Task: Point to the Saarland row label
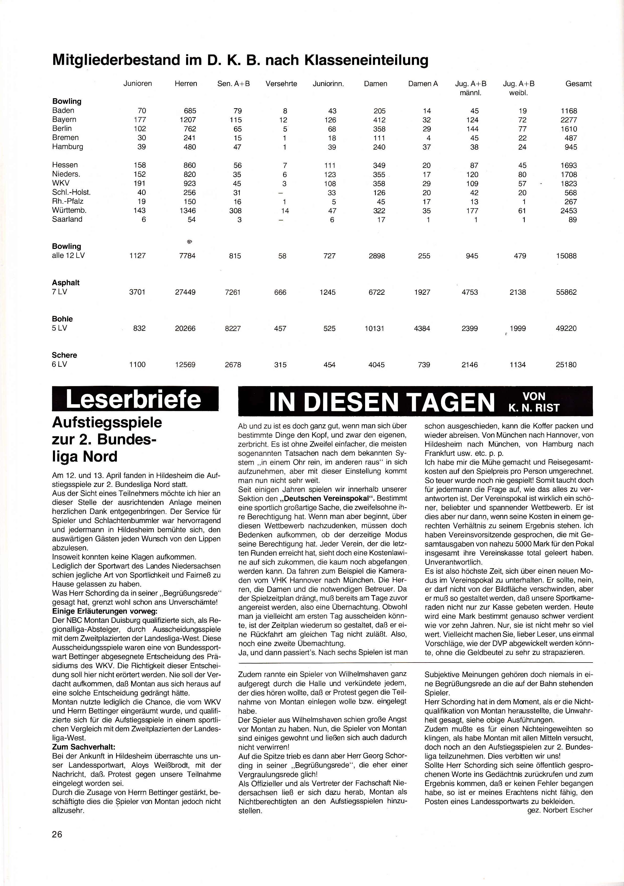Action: point(67,219)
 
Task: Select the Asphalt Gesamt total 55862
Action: point(566,292)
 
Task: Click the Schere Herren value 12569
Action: point(185,365)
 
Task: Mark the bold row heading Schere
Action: point(64,355)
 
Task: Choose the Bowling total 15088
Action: point(566,256)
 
